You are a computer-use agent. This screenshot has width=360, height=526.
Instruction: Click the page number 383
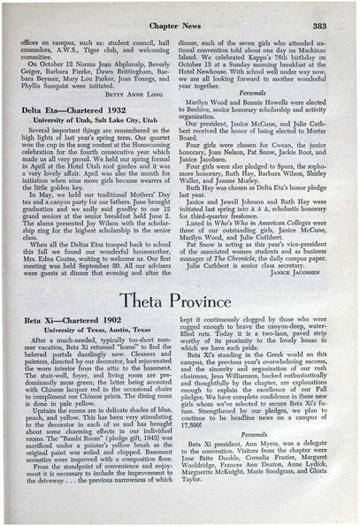328,27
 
